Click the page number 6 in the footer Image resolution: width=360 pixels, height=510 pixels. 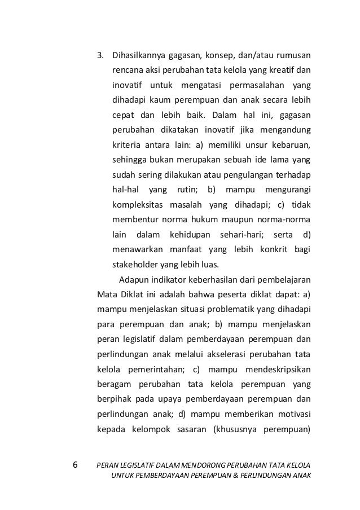(76, 465)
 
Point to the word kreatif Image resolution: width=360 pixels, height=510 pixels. (283, 71)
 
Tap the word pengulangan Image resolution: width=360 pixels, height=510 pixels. (244, 174)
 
